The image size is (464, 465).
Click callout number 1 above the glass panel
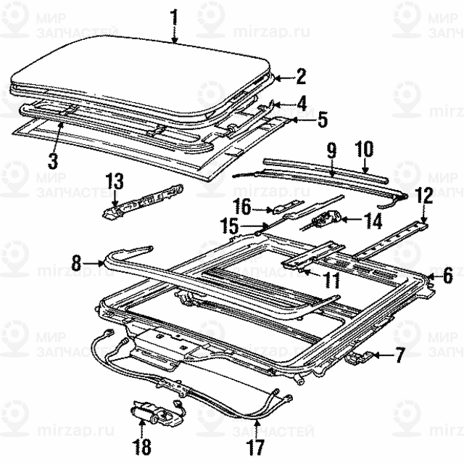click(174, 15)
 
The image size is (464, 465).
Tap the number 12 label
click(424, 194)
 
